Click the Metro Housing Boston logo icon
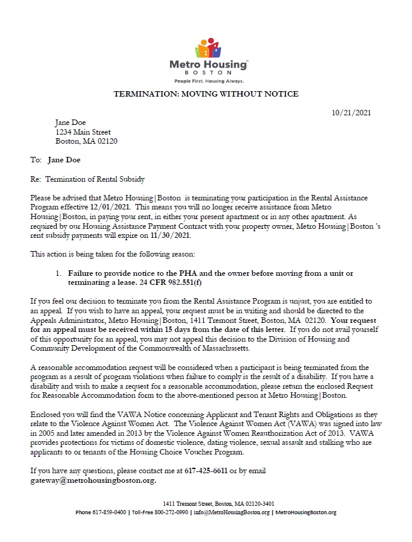tap(207, 48)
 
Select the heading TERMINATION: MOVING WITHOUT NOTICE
tap(206, 94)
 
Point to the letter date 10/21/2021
tap(351, 113)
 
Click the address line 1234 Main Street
tap(83, 132)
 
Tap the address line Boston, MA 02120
tap(86, 141)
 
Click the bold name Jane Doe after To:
tap(63, 160)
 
